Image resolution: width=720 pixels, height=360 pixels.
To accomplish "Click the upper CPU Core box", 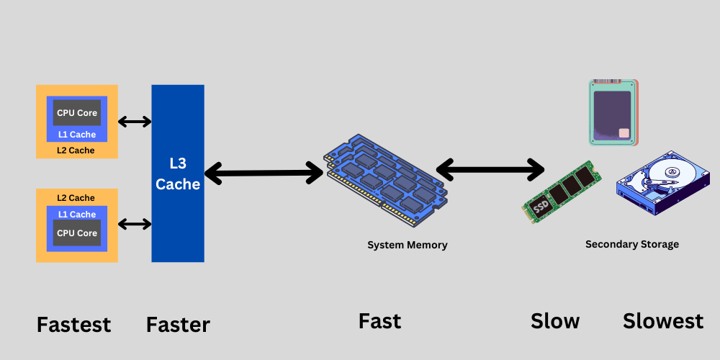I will (77, 113).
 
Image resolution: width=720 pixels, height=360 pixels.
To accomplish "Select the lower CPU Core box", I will (77, 233).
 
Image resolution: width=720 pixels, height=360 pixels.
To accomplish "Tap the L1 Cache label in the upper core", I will (77, 135).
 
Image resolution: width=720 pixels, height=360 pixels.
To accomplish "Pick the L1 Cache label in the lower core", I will (77, 214).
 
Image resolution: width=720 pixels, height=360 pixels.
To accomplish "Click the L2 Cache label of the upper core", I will (76, 150).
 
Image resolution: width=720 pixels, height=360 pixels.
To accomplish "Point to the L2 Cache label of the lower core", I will (76, 198).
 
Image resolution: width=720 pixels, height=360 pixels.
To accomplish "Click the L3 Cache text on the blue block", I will (177, 174).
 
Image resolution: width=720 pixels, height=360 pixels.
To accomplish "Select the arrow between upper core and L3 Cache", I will (135, 122).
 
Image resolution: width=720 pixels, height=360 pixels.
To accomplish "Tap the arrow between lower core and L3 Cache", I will (135, 224).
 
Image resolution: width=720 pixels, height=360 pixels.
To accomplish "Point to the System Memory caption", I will (407, 245).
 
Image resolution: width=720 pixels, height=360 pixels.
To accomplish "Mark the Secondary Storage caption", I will (631, 244).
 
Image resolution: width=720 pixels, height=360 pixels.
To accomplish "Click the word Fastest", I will (73, 325).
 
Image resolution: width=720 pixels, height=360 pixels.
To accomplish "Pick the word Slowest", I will (662, 321).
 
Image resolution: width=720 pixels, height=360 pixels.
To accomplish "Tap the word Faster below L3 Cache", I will (178, 325).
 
